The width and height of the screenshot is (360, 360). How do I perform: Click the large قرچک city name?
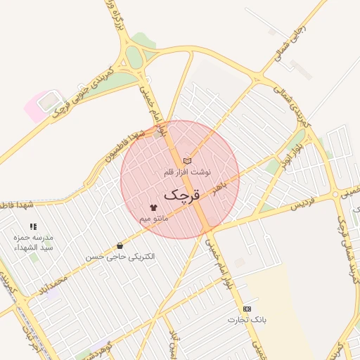(x=182, y=194)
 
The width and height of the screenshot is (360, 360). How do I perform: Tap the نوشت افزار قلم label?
(x=186, y=172)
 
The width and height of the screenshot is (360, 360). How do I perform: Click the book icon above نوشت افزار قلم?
(x=187, y=161)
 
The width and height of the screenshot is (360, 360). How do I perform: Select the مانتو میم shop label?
(x=154, y=219)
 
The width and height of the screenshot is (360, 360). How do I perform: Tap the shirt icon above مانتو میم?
(x=154, y=207)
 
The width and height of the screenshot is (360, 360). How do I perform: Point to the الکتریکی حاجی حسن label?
(x=120, y=257)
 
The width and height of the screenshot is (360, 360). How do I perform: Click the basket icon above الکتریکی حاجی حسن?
(x=120, y=246)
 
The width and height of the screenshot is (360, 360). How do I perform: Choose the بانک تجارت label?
(x=246, y=321)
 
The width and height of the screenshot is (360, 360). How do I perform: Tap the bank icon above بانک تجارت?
(x=246, y=309)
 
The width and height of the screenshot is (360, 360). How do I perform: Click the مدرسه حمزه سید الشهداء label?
(x=33, y=243)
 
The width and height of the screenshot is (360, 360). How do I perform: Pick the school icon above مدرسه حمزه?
(x=33, y=226)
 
